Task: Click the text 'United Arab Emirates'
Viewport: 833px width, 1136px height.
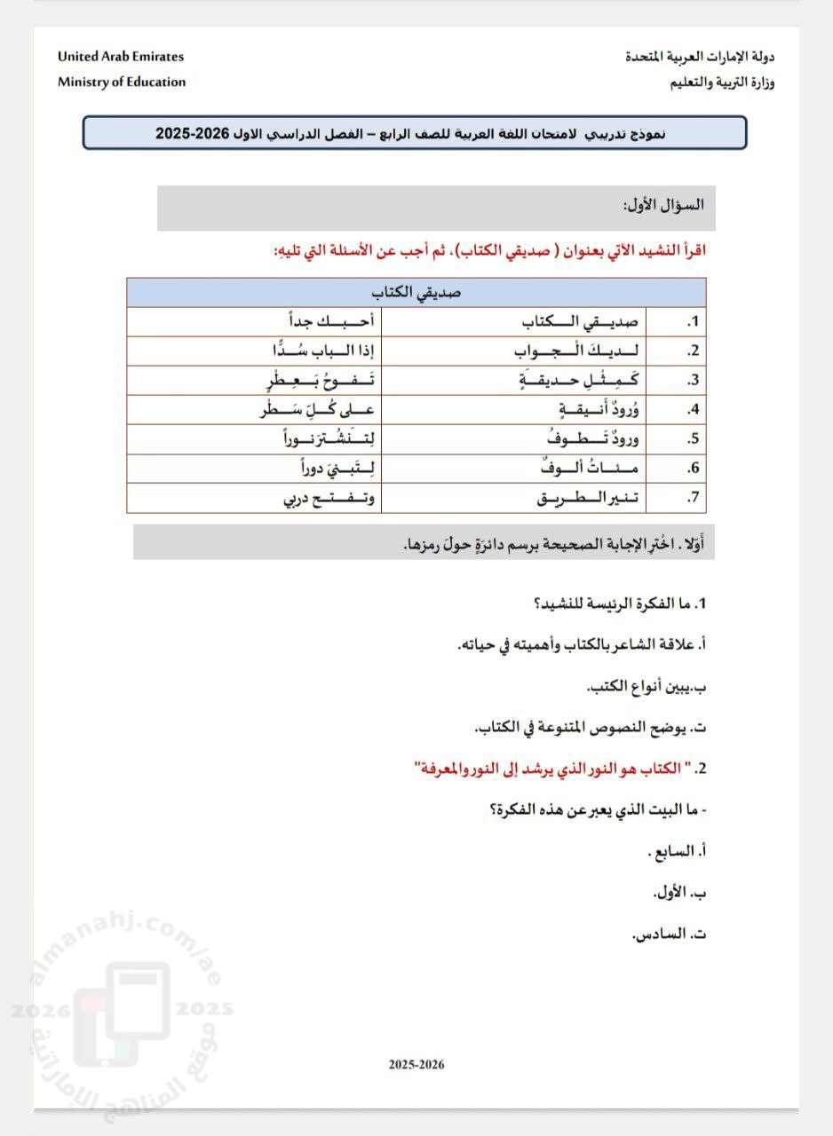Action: pos(121,56)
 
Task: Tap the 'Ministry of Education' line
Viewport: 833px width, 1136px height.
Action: pos(122,82)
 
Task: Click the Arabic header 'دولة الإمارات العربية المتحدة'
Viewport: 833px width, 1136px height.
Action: pos(700,56)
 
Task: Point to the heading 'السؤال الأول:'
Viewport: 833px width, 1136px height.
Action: pos(663,204)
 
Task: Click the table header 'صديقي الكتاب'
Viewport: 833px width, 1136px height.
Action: pos(416,292)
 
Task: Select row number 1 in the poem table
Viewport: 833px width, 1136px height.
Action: pos(694,321)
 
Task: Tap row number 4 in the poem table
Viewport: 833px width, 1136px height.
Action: pos(694,410)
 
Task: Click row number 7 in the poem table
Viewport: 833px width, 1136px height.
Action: pos(694,498)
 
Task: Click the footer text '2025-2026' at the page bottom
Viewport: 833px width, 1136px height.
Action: pos(416,1064)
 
